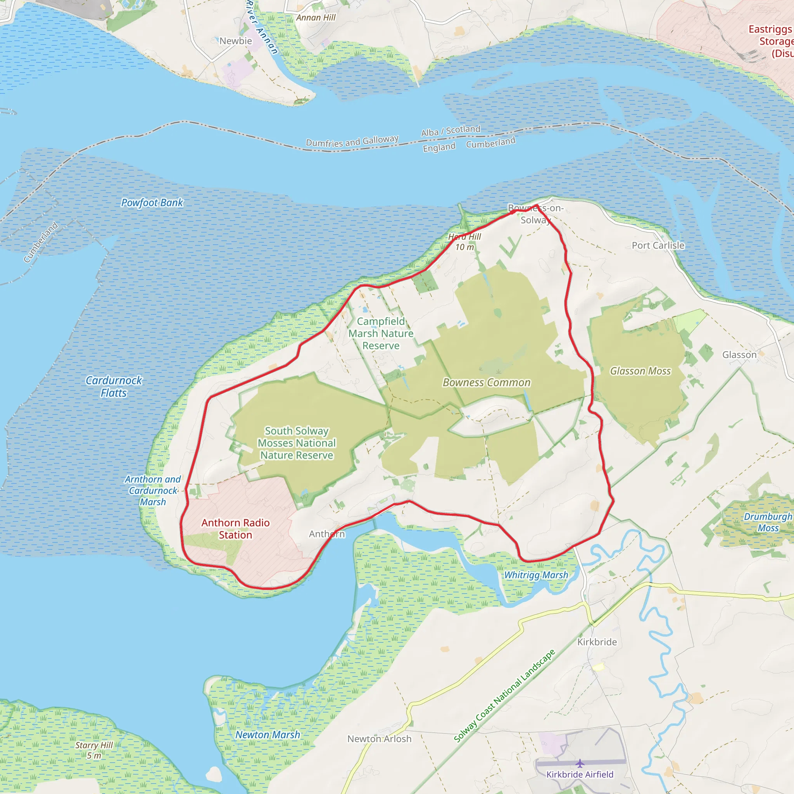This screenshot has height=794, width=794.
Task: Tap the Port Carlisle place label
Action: coord(658,245)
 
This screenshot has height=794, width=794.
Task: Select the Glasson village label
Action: coord(739,355)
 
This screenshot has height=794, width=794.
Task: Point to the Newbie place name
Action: coord(235,41)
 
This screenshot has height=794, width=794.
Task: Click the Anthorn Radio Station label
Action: coord(235,528)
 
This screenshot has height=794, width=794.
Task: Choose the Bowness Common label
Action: coord(487,383)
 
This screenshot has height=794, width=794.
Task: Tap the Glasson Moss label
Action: coord(640,371)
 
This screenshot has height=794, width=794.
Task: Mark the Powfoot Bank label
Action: coord(152,203)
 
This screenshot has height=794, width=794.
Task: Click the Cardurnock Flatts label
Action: coord(114,387)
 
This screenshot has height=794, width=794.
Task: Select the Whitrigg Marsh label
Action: coord(536,575)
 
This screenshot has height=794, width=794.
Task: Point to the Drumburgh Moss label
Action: coord(768,522)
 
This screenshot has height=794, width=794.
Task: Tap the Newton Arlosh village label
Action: coord(379,739)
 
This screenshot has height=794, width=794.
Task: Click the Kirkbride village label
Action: coord(597,642)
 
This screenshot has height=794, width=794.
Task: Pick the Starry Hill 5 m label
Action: coord(94,750)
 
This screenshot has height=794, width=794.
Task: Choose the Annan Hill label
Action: coord(316,18)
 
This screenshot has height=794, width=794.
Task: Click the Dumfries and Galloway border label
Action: coord(352,142)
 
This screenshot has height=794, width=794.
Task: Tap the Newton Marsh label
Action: coord(268,735)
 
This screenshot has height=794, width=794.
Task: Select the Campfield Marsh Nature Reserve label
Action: coord(381,333)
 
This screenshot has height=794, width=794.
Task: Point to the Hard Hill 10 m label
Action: coord(464,242)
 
